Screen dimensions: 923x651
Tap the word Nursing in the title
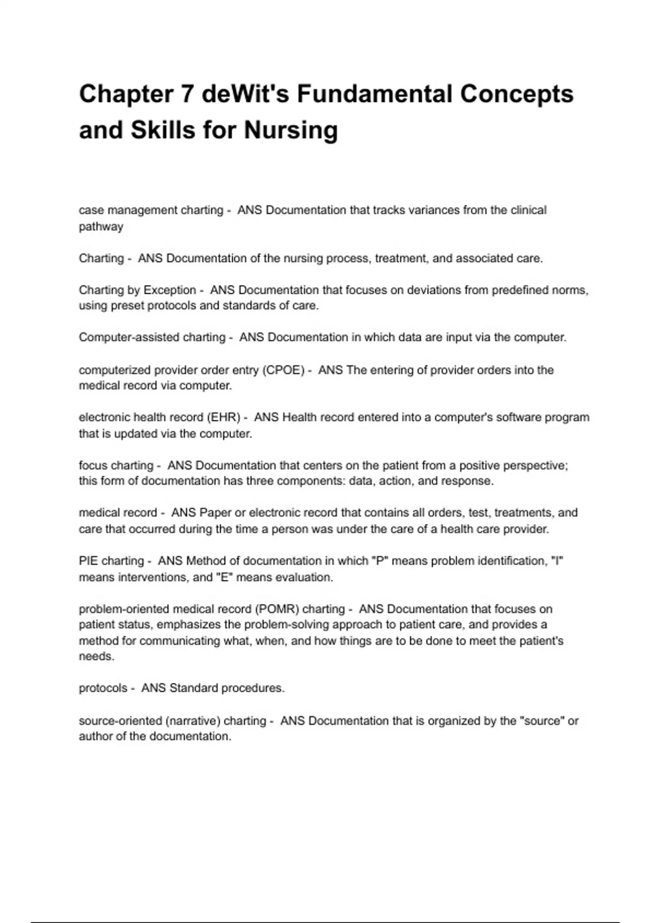(x=291, y=130)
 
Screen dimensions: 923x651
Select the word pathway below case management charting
(x=101, y=226)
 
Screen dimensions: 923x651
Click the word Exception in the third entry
(x=169, y=290)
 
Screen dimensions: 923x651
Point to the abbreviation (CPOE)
(x=283, y=370)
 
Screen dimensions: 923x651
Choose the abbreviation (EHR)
(x=224, y=418)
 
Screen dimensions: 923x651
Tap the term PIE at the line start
(x=88, y=561)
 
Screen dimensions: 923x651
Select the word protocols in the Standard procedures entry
(x=103, y=688)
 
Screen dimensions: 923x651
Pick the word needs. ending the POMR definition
(x=97, y=656)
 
